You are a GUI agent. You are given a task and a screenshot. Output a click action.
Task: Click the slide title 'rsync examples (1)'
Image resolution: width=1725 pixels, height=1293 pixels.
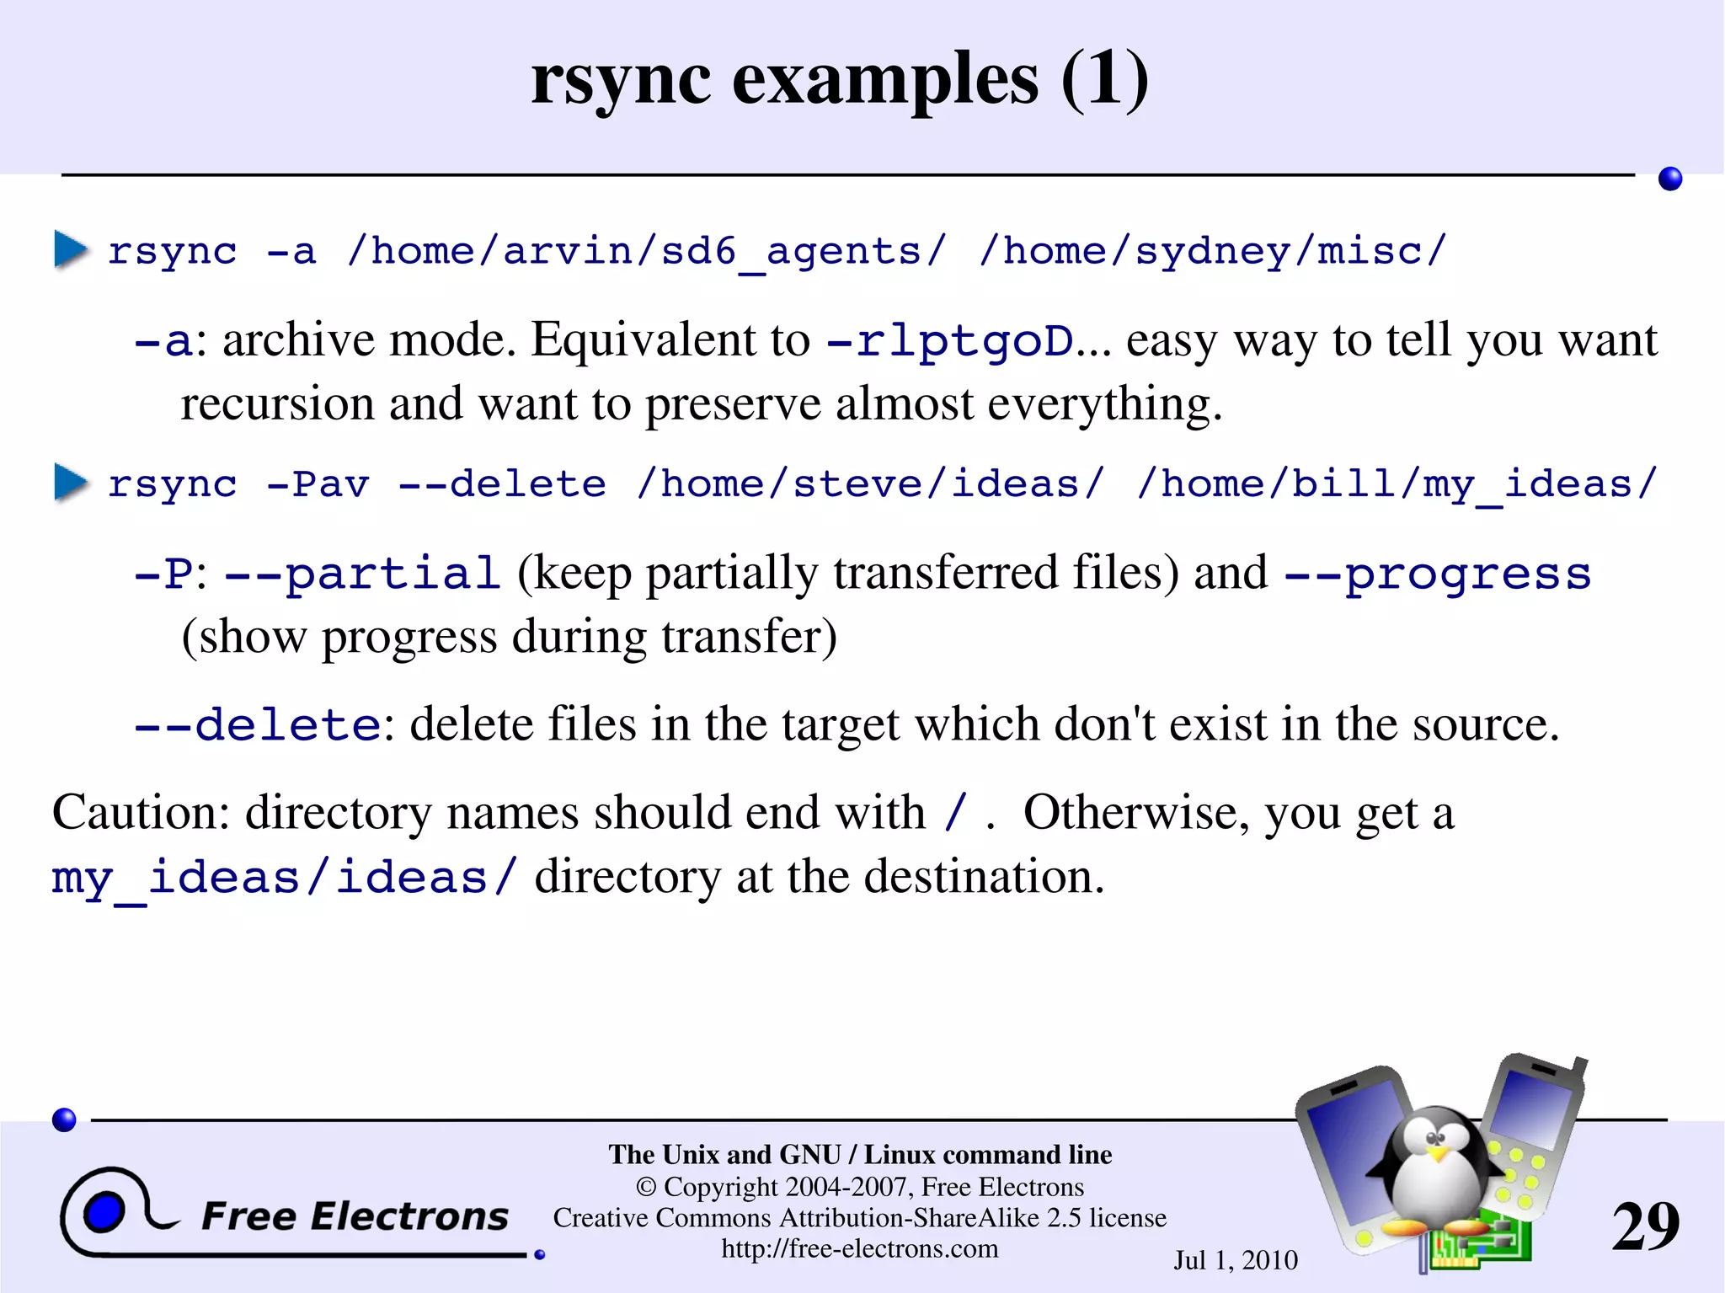point(840,79)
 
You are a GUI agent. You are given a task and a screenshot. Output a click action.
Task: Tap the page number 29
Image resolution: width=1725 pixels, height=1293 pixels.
point(1645,1226)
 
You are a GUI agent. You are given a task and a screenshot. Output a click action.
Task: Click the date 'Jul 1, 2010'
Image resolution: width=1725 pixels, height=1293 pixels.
point(1236,1260)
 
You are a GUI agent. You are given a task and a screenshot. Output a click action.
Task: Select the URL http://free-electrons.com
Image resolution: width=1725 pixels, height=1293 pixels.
point(859,1248)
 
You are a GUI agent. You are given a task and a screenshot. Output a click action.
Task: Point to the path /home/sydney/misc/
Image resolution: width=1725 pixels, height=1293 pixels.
point(1212,252)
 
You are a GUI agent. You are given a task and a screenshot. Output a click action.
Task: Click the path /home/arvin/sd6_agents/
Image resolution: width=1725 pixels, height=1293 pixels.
point(647,252)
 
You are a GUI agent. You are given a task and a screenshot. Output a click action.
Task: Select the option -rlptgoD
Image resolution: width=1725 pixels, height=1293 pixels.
point(951,341)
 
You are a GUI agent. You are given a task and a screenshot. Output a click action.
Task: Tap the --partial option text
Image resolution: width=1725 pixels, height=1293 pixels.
point(363,574)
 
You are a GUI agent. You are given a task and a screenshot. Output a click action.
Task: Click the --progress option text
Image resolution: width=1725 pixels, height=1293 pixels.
point(1437,574)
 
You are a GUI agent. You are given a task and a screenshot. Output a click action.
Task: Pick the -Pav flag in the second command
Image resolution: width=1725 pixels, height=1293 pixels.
point(318,484)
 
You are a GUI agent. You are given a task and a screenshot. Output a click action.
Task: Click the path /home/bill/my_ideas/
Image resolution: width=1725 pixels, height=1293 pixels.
point(1397,484)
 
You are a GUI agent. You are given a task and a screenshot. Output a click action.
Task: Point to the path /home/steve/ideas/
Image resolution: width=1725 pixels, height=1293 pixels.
point(870,484)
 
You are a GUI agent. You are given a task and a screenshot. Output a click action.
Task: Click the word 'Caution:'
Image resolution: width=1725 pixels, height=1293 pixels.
point(141,813)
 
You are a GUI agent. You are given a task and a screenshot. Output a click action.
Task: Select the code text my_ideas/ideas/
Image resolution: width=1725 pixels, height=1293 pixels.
point(283,879)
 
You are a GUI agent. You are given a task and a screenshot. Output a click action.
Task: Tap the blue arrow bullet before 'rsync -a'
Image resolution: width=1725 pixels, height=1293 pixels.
point(71,249)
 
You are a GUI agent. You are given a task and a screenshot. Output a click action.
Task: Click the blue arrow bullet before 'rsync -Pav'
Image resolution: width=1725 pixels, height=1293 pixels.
point(71,483)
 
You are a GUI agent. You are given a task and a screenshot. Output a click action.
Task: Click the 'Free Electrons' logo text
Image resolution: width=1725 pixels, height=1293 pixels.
point(355,1216)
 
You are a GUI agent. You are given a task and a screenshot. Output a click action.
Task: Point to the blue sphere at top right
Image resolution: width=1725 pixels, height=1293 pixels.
point(1669,179)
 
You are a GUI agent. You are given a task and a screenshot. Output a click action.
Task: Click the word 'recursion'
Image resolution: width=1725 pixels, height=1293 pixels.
point(277,404)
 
